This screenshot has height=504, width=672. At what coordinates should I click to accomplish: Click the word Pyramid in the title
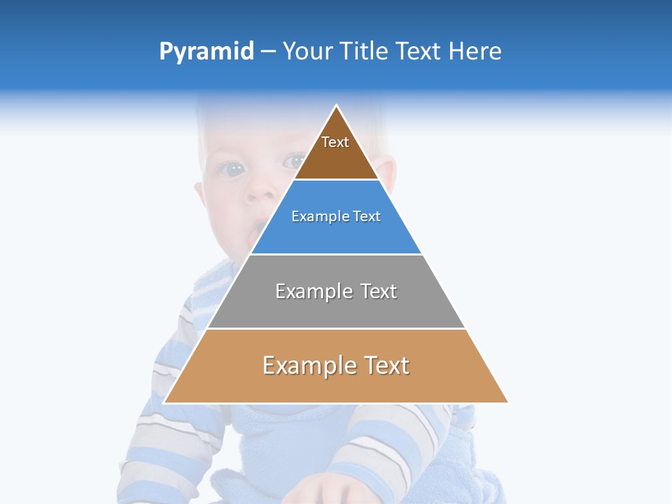point(206,52)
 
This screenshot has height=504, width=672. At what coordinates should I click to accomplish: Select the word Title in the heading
point(365,52)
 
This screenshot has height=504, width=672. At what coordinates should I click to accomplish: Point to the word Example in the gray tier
point(314,291)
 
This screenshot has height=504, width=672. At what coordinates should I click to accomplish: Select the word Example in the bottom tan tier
point(309,365)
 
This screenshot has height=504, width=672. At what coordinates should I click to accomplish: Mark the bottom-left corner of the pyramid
point(164,402)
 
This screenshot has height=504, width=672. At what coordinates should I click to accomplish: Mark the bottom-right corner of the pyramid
point(508,402)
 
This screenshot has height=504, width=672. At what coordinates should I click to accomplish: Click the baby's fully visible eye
point(231,169)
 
